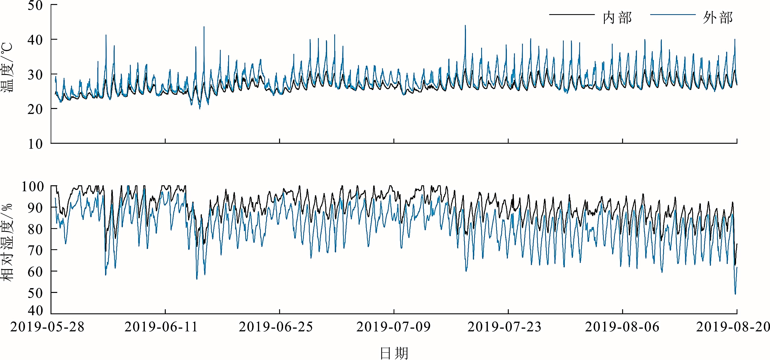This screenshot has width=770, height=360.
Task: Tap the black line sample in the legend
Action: point(572,14)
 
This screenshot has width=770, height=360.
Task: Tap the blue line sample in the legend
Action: point(673,14)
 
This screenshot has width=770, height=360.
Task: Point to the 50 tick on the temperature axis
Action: point(35,5)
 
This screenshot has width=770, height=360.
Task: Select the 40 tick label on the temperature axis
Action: point(35,40)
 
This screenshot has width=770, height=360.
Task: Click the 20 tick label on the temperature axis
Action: point(35,109)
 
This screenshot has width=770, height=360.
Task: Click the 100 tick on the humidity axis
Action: point(33,187)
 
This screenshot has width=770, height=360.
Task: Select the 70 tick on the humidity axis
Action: point(35,250)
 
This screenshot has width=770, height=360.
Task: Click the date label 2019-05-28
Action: point(47,327)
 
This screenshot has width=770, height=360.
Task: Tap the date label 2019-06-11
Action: point(161,327)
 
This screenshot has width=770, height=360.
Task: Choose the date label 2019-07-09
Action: point(393,327)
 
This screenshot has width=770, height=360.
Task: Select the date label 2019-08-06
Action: point(622,327)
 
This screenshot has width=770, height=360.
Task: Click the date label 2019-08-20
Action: point(733,327)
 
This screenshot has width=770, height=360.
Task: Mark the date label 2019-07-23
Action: point(505,327)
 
